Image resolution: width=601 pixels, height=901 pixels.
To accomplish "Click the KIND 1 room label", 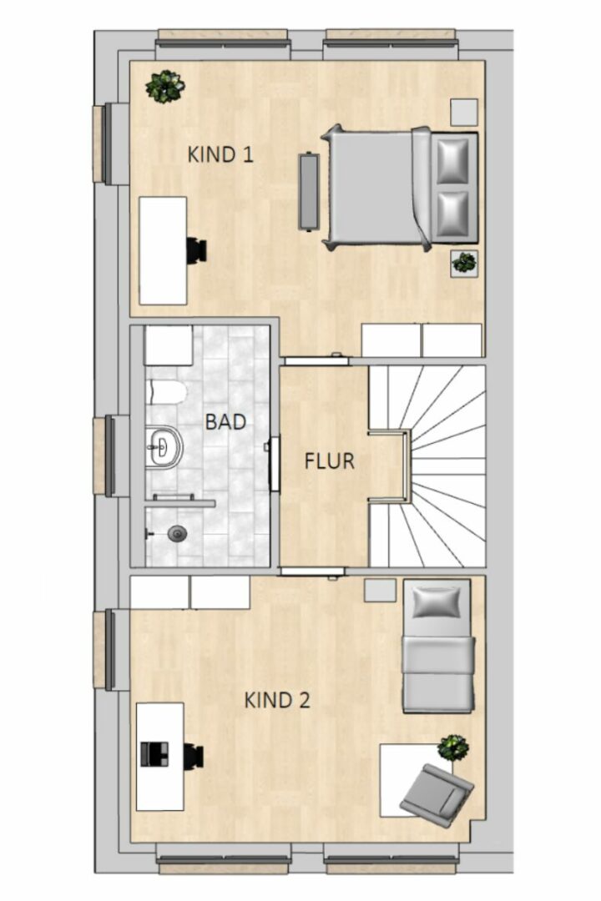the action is pos(220,154).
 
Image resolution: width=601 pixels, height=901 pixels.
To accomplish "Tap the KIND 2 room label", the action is pos(277,701).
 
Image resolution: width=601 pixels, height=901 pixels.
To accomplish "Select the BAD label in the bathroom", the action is pos(225,422).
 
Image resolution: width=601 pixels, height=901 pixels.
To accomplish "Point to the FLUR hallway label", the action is pos(329,461).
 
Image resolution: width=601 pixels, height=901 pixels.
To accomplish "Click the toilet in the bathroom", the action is pos(167,392).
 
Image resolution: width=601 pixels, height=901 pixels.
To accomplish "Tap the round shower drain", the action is pos(177,534).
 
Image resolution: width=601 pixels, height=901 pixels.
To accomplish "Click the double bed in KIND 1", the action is pos(401,188).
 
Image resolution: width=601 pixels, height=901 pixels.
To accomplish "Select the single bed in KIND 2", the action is pos(438,646).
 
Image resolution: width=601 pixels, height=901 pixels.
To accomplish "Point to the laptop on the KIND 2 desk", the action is pos(154,754).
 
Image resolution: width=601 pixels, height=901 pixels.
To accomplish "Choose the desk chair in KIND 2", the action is pos(194,756).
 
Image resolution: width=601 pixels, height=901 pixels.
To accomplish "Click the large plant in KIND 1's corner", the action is pos(165,87).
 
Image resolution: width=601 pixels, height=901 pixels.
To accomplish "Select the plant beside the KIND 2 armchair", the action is pos(452,747).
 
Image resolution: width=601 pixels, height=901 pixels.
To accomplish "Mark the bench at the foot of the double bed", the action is pos(309,192).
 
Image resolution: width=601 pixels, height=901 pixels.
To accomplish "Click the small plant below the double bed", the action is pos(464,264).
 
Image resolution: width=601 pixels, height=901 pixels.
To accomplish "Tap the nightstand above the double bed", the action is pos(463,112).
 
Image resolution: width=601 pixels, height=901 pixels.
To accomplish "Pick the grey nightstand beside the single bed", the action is pos(380,590).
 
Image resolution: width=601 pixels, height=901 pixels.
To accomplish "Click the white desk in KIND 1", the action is pos(164,250).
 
